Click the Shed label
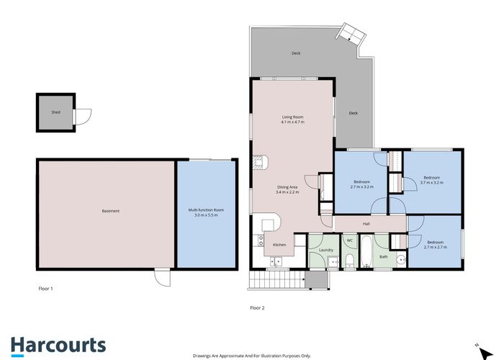[55, 112]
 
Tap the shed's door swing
[84, 117]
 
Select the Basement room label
[111, 211]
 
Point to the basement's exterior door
[163, 277]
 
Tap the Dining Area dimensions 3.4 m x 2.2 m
[287, 192]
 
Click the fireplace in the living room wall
[261, 162]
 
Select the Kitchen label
[279, 245]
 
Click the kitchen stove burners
[261, 240]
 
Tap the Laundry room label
[326, 250]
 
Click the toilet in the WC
[349, 261]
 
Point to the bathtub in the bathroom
[366, 252]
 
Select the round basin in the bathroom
[401, 260]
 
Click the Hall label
[366, 224]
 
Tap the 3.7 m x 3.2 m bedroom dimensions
[432, 183]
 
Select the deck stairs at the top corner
[351, 33]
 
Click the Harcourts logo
[58, 346]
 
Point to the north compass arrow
[486, 353]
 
